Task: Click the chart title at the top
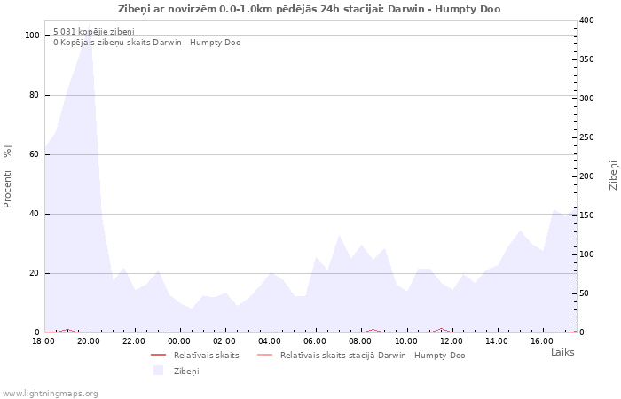pos(309,9)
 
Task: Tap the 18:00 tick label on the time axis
pos(44,340)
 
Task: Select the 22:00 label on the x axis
pos(135,340)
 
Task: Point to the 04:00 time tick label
pos(271,340)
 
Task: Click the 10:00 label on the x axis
pos(406,340)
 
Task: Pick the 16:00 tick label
pos(542,340)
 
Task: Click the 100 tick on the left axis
pos(33,35)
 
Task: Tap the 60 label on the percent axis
pos(35,154)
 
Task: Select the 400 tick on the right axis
pos(586,20)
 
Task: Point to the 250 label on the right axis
pos(586,137)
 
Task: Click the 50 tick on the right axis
pos(584,293)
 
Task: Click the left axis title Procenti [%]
pos(8,176)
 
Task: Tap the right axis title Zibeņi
pos(613,176)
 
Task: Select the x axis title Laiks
pos(562,352)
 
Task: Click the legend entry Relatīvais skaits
pos(206,355)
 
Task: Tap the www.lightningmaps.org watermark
pos(50,393)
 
